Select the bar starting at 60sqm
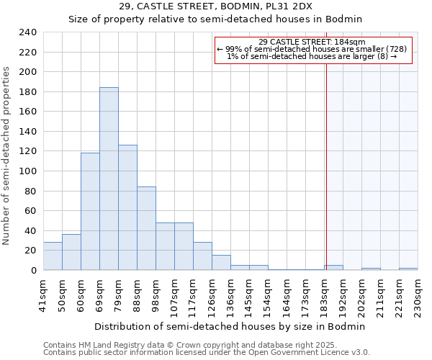tap(90, 212)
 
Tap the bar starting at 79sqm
tap(127, 207)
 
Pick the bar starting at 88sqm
tap(146, 228)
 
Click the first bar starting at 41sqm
tap(53, 256)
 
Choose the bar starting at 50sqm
tap(71, 252)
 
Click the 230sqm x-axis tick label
tap(418, 295)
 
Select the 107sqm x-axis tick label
tap(175, 295)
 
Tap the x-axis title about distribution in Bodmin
tap(230, 326)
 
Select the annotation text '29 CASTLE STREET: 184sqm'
tap(312, 42)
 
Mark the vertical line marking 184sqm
tap(325, 166)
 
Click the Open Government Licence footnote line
tap(207, 353)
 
